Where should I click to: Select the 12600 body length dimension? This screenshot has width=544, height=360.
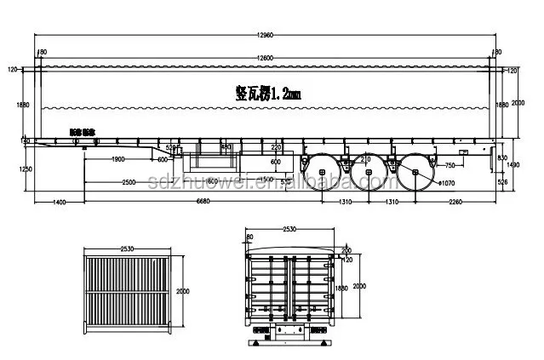click(264, 57)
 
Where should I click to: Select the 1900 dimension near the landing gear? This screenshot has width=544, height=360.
click(118, 158)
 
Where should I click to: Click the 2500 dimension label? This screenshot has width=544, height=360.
click(129, 182)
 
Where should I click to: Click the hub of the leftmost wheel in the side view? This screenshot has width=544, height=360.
click(323, 172)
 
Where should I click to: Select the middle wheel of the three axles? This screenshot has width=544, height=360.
click(369, 173)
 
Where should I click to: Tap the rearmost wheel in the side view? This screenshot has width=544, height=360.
click(414, 173)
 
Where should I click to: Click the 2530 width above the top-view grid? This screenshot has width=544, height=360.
click(128, 249)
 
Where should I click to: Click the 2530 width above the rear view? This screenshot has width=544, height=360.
click(290, 228)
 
